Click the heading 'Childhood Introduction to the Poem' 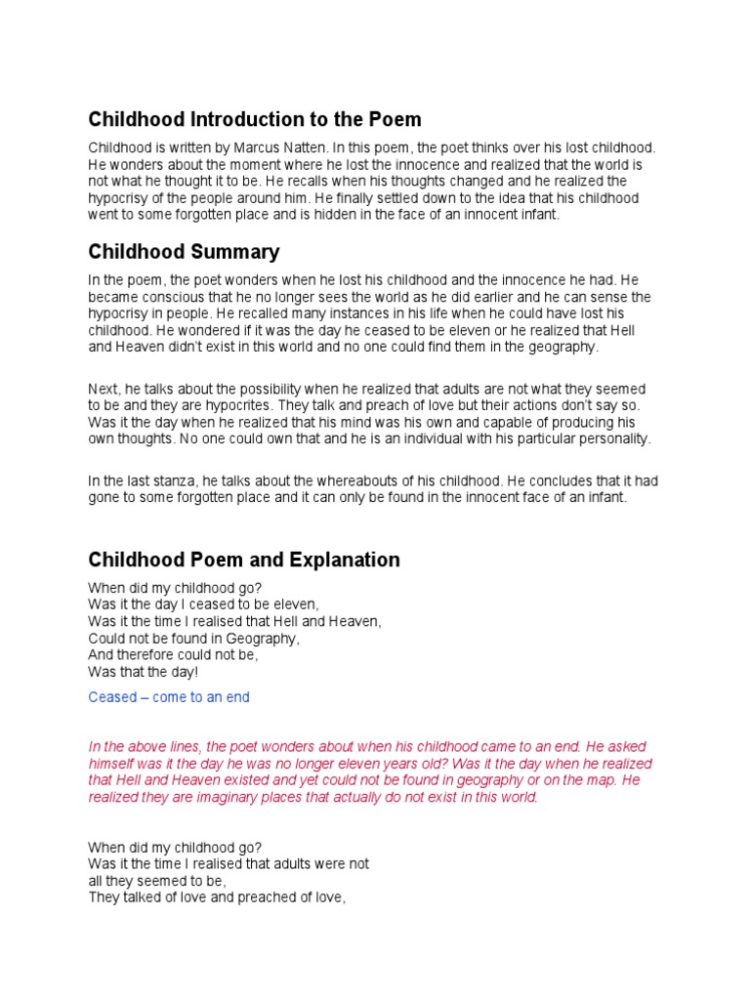(255, 119)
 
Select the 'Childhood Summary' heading (184, 252)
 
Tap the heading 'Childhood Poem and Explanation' (244, 560)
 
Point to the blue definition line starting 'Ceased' (169, 697)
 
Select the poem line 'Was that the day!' (143, 672)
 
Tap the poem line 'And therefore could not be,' (173, 655)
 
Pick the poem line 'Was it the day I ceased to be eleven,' (203, 604)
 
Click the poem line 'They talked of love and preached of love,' (217, 897)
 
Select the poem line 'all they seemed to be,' (156, 881)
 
